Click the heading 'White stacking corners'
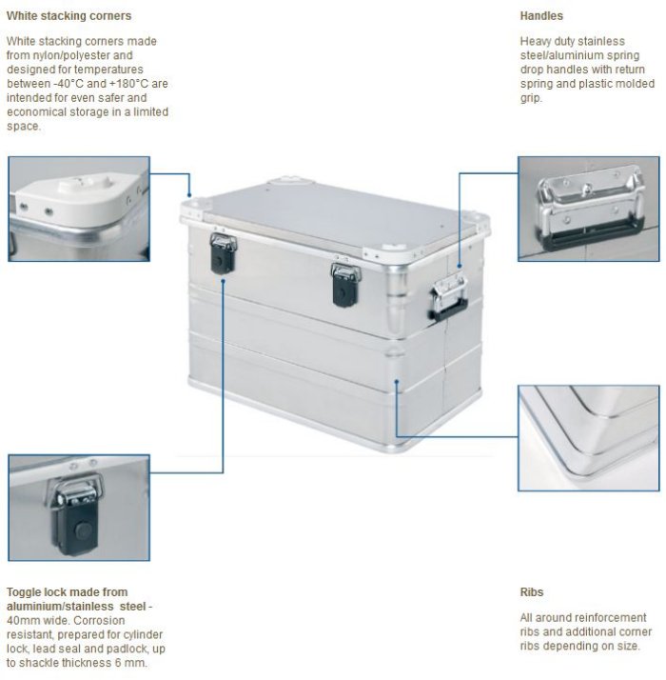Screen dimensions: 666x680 pos(69,16)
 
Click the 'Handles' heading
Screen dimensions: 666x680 pos(541,16)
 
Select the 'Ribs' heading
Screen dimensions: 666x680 pos(532,592)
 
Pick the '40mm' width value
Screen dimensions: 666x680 pos(23,620)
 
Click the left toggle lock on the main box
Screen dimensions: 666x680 pos(224,253)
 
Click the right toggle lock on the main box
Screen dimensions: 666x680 pos(345,285)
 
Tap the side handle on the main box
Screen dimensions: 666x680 pos(449,297)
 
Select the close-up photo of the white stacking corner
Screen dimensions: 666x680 pos(79,209)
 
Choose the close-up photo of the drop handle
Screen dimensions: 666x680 pos(588,209)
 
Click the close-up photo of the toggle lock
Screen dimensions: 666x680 pos(79,508)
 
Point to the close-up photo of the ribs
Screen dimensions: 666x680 pos(588,438)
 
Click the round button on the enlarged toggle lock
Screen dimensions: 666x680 pos(83,530)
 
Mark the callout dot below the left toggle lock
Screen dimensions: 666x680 pos(223,281)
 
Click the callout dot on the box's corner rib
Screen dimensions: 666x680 pos(396,382)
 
